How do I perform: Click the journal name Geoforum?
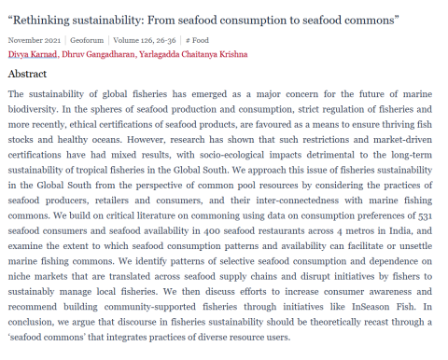coord(86,40)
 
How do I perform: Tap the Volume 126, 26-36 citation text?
coord(145,40)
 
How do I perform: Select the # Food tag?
coord(197,40)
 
